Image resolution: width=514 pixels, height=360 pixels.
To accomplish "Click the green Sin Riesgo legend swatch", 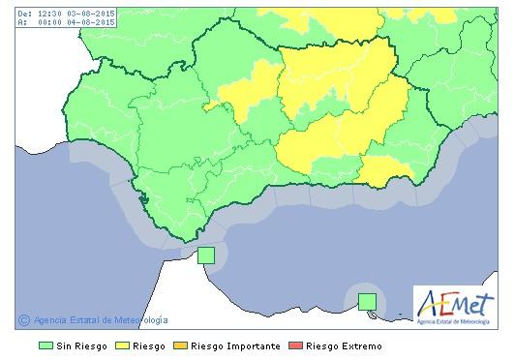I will pos(45,345).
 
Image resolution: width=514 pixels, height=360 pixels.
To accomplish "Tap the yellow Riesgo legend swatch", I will pos(123,345).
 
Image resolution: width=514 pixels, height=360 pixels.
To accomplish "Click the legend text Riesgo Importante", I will pos(235,345).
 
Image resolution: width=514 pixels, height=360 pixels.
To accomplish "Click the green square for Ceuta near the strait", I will pos(205,255).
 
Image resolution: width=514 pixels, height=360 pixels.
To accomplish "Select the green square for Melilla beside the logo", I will pos(367,301).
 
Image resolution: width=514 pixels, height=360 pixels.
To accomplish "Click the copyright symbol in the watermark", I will pos(24,320).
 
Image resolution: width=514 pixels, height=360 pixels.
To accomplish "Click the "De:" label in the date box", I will pos(23,14).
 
